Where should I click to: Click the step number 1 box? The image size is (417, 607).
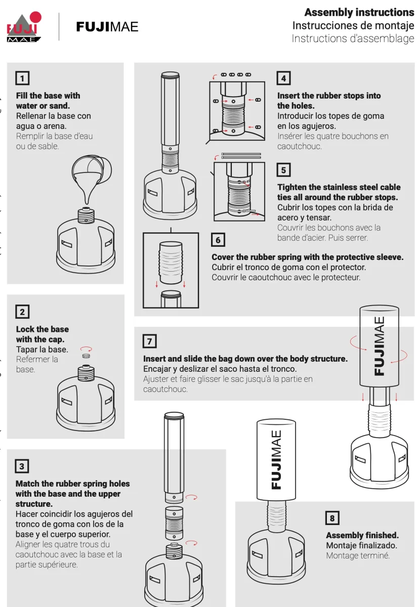click(22, 78)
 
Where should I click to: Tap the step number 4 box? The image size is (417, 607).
click(283, 78)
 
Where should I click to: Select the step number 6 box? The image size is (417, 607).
click(218, 240)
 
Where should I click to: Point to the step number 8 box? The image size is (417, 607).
click(332, 518)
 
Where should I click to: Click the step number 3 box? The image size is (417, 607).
click(22, 466)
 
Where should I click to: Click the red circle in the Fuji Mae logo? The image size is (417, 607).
click(35, 17)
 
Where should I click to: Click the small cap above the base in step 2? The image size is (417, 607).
click(86, 356)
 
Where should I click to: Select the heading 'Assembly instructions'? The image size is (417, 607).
click(359, 13)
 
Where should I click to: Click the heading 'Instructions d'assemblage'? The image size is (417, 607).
click(353, 38)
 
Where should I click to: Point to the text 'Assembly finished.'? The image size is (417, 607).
click(362, 536)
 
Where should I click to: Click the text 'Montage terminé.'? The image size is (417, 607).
click(358, 556)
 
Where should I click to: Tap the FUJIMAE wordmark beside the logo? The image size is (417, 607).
click(107, 27)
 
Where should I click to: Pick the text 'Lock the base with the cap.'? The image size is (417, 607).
click(43, 334)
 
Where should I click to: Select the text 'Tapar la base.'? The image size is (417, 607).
click(42, 350)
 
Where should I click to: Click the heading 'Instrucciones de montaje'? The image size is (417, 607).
click(353, 26)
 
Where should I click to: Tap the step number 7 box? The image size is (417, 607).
click(150, 341)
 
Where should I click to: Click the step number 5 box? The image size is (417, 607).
click(283, 170)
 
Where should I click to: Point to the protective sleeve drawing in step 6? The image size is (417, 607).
click(171, 263)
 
